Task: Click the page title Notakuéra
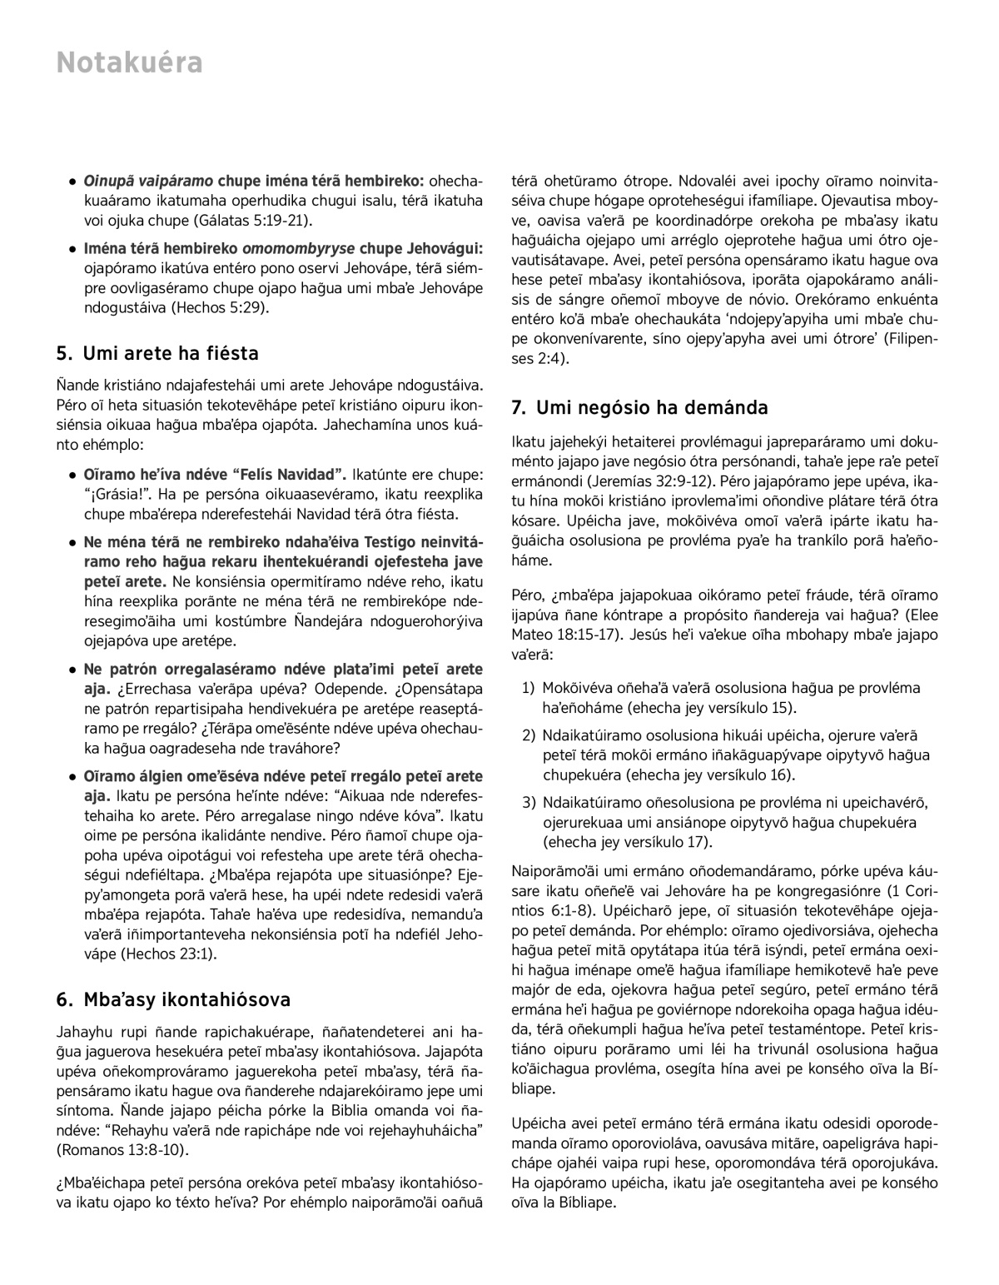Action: click(x=129, y=63)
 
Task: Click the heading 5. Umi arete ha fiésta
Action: click(x=157, y=354)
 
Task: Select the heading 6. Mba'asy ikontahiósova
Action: click(x=173, y=999)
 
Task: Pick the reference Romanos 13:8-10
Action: click(x=122, y=1150)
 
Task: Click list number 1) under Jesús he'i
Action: click(x=529, y=688)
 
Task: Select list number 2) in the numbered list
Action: click(x=529, y=736)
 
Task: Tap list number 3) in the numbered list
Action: click(x=529, y=803)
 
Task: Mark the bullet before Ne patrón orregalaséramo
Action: click(x=73, y=670)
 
